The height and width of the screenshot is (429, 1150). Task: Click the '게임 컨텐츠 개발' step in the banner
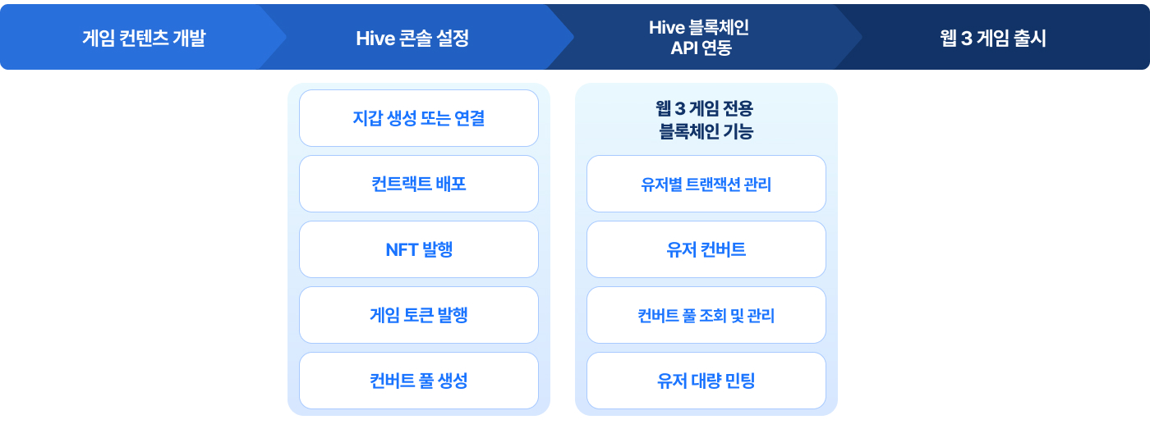coord(144,38)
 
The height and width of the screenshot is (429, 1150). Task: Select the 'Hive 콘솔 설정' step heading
coord(412,38)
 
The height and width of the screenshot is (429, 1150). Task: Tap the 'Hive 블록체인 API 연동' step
coord(700,38)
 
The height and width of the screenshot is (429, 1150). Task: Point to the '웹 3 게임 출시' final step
coord(993,38)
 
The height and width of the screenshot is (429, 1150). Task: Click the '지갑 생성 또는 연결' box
coord(419,118)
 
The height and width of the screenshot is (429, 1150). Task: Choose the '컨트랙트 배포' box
coord(419,184)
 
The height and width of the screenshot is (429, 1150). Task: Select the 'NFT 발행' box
coord(419,249)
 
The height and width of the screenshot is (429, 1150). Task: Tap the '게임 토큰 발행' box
coord(419,315)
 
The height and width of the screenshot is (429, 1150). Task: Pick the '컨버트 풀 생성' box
coord(419,381)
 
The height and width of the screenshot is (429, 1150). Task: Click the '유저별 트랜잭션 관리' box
coord(706,184)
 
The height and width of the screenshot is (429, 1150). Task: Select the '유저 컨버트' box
coord(706,249)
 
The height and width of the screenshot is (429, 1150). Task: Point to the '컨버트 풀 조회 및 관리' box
coord(706,315)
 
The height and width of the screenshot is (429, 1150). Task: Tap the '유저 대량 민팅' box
coord(706,381)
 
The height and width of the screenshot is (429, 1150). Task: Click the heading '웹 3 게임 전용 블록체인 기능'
coord(706,120)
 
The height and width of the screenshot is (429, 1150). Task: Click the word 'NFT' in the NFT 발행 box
coord(402,249)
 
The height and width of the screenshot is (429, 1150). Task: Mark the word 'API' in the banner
coord(683,48)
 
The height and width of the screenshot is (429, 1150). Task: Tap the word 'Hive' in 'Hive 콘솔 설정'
coord(375,39)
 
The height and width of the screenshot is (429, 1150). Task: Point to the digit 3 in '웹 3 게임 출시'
coord(967,39)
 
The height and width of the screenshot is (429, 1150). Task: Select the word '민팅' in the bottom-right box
coord(738,381)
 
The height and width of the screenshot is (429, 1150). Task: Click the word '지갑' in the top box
coord(368,118)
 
